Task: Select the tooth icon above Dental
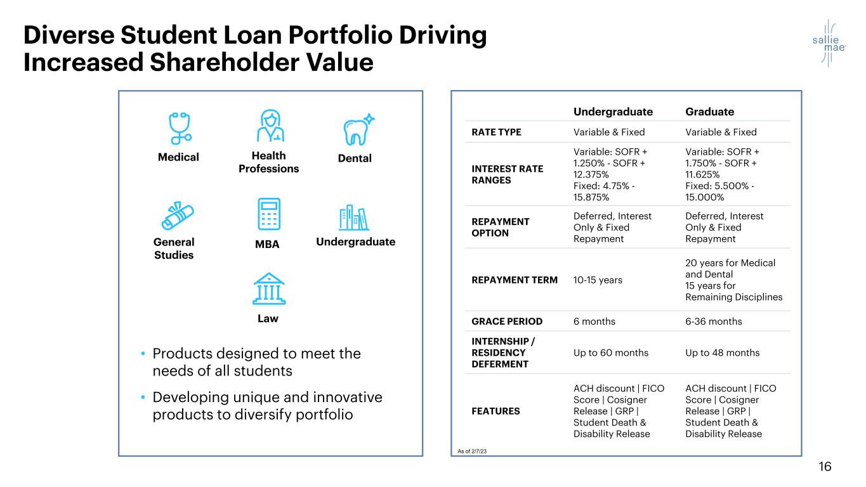click(x=358, y=129)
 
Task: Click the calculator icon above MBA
click(x=268, y=214)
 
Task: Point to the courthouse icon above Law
click(x=268, y=290)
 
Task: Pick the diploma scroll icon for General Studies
click(x=178, y=217)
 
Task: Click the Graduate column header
click(x=709, y=112)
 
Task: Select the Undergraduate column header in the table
click(x=613, y=112)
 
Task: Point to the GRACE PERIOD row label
click(x=506, y=321)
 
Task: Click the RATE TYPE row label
click(x=496, y=133)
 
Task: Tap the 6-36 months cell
click(x=713, y=321)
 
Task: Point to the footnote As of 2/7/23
click(x=473, y=451)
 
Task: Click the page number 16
click(x=825, y=467)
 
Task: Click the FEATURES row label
click(x=495, y=411)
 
